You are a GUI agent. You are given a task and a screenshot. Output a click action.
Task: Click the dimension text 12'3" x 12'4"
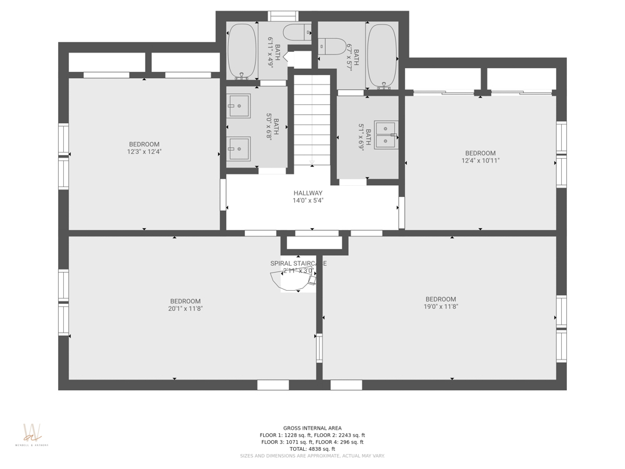tap(144, 151)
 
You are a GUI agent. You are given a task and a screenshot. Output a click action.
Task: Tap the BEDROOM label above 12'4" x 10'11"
tap(480, 153)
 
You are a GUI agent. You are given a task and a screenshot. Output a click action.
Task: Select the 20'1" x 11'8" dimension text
tap(185, 308)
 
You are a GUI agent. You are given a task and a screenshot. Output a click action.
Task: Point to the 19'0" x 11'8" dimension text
tap(441, 306)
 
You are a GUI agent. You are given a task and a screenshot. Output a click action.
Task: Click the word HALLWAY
tap(307, 193)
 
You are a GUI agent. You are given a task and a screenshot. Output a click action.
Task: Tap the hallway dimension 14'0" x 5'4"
tap(307, 201)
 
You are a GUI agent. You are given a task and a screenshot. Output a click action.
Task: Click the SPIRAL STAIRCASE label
tap(298, 263)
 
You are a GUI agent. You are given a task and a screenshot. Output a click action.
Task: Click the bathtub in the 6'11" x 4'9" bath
tap(241, 51)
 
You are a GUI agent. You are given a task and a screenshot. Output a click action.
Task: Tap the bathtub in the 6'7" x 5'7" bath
tap(381, 55)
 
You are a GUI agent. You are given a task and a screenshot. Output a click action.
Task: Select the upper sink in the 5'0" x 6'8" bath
tap(238, 106)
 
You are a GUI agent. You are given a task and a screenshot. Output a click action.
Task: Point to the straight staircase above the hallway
tap(311, 119)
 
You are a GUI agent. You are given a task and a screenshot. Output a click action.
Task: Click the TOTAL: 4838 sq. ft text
tap(312, 449)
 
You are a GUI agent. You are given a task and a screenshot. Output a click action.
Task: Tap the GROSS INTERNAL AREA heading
tap(312, 428)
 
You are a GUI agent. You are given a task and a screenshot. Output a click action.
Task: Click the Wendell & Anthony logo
tap(31, 435)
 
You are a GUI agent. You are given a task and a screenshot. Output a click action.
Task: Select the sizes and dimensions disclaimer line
tap(312, 456)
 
